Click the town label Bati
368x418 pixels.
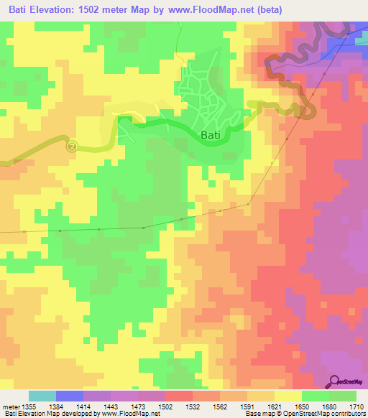(x=208, y=134)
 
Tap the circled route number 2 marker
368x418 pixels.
(x=71, y=146)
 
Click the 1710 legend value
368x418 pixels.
(x=356, y=405)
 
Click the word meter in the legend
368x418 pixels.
(x=9, y=405)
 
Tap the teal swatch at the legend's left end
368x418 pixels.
(x=42, y=396)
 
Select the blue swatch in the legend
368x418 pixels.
(x=70, y=396)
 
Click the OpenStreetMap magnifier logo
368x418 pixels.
(x=335, y=381)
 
